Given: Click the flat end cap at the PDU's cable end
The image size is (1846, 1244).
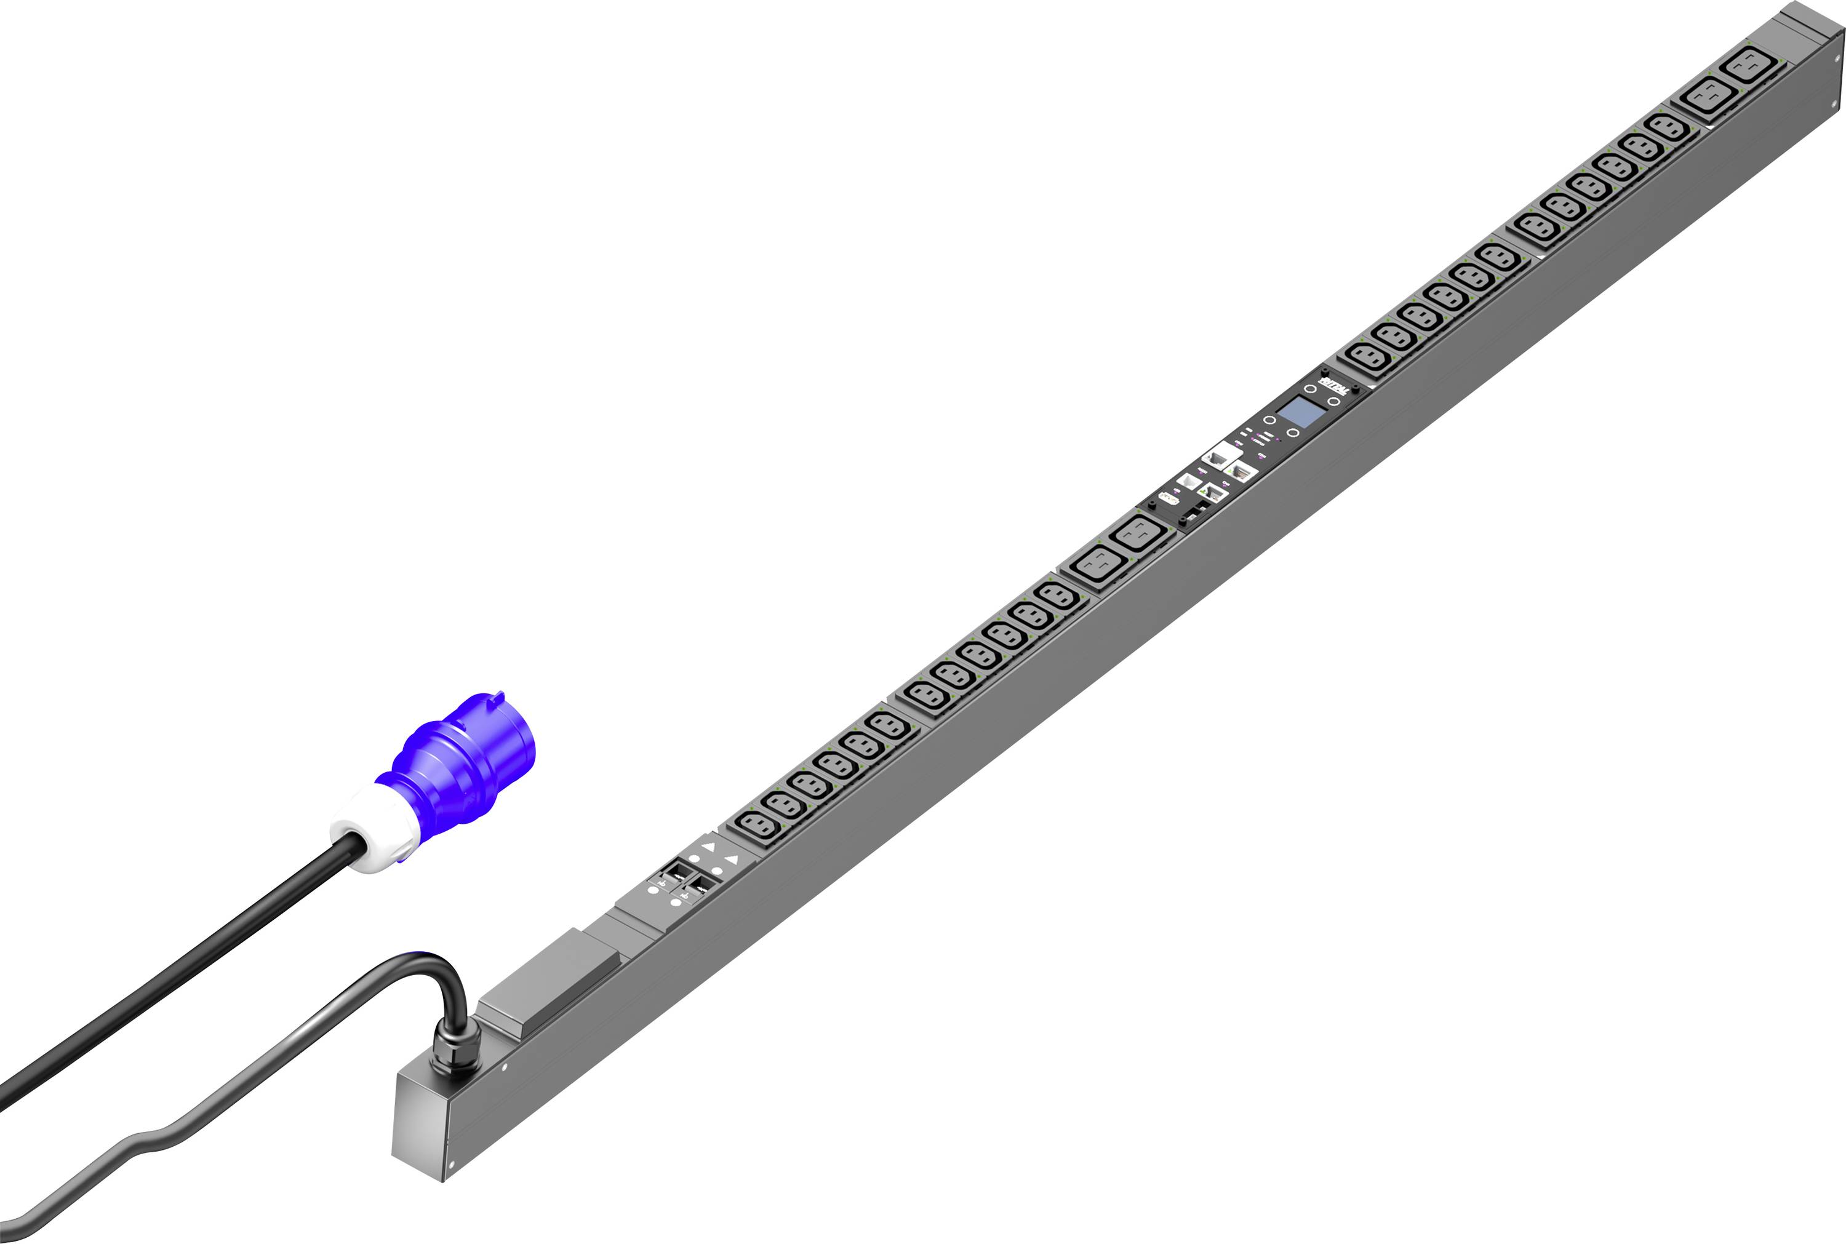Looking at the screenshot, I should pyautogui.click(x=418, y=1126).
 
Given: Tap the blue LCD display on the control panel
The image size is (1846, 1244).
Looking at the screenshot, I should pyautogui.click(x=1302, y=412).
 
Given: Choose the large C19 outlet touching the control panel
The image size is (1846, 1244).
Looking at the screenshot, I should pyautogui.click(x=1140, y=534).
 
